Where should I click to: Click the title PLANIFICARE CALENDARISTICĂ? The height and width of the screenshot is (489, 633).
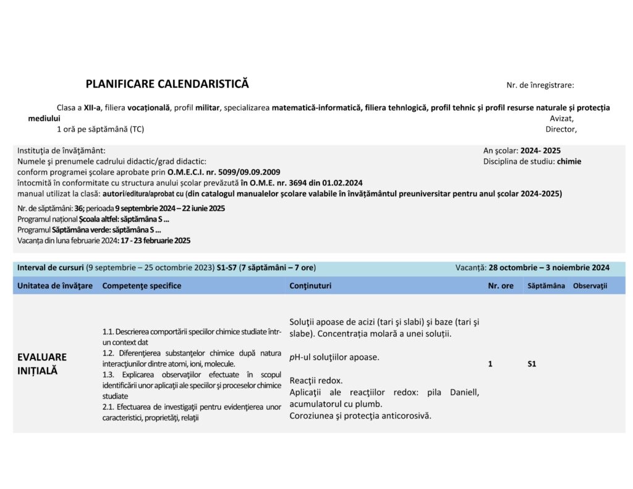pyautogui.click(x=167, y=84)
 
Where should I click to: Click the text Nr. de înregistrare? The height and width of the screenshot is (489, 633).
pyautogui.click(x=540, y=85)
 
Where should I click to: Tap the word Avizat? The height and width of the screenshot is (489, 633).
pyautogui.click(x=561, y=118)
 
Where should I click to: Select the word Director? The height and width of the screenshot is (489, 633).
pyautogui.click(x=561, y=129)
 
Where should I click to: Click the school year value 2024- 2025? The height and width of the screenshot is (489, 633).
pyautogui.click(x=541, y=150)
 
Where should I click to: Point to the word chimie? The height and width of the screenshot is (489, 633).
pyautogui.click(x=569, y=161)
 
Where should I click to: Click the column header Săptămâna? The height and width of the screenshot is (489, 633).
pyautogui.click(x=546, y=286)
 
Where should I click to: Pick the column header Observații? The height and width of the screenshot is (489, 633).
pyautogui.click(x=590, y=286)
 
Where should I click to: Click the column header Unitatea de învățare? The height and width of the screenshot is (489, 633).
pyautogui.click(x=55, y=286)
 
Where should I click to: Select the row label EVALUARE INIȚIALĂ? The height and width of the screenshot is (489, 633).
pyautogui.click(x=42, y=364)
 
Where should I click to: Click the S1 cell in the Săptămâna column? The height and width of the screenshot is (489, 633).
pyautogui.click(x=532, y=364)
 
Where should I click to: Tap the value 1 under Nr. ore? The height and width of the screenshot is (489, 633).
pyautogui.click(x=490, y=364)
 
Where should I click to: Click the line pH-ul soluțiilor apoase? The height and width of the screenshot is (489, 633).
pyautogui.click(x=334, y=357)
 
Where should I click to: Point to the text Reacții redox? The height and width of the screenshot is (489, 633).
pyautogui.click(x=316, y=380)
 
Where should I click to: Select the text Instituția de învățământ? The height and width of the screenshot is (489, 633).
pyautogui.click(x=61, y=150)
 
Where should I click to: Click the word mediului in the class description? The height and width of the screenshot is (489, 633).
pyautogui.click(x=44, y=118)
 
